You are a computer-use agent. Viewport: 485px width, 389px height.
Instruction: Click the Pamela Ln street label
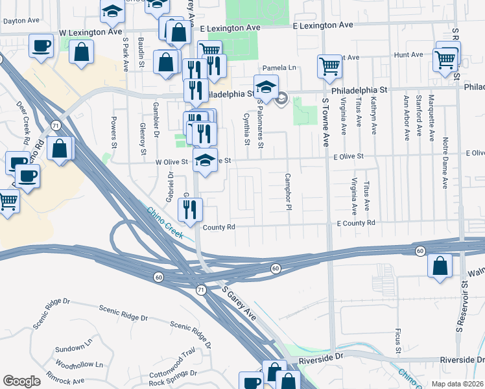[x=279, y=67]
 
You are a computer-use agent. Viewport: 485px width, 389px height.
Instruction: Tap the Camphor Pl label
[x=286, y=192]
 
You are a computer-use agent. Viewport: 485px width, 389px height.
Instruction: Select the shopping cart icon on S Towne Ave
[x=329, y=65]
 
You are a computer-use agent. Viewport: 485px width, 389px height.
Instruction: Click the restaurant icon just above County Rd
[x=190, y=209]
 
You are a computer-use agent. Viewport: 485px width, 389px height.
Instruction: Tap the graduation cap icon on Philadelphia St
[x=265, y=86]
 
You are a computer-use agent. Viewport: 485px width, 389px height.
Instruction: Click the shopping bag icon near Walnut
[x=440, y=266]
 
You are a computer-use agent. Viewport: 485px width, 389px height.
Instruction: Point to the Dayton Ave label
[x=18, y=21]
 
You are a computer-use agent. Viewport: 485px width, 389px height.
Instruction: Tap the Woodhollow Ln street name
[x=79, y=365]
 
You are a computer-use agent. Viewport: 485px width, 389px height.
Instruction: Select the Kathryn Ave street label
[x=373, y=116]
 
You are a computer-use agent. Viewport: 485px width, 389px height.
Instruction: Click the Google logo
[x=21, y=381]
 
